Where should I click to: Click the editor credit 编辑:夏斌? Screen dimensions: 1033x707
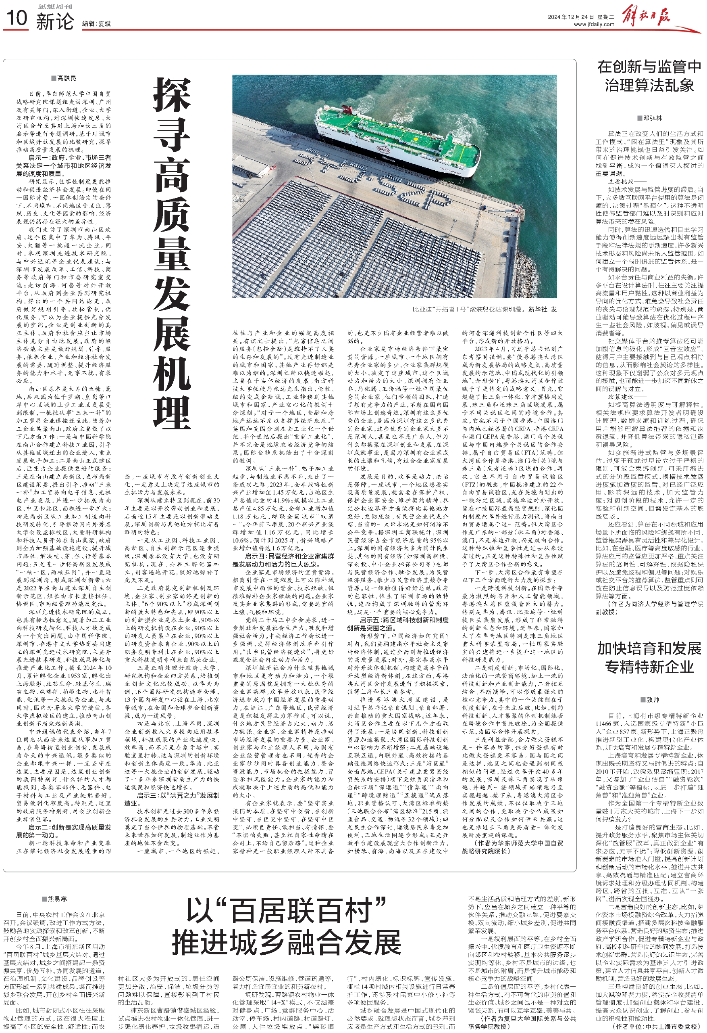(96, 23)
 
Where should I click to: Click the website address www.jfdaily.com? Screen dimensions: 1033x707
(594, 25)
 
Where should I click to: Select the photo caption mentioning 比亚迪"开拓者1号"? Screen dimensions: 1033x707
(484, 309)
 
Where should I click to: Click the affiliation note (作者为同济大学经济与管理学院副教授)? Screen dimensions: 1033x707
(649, 608)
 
